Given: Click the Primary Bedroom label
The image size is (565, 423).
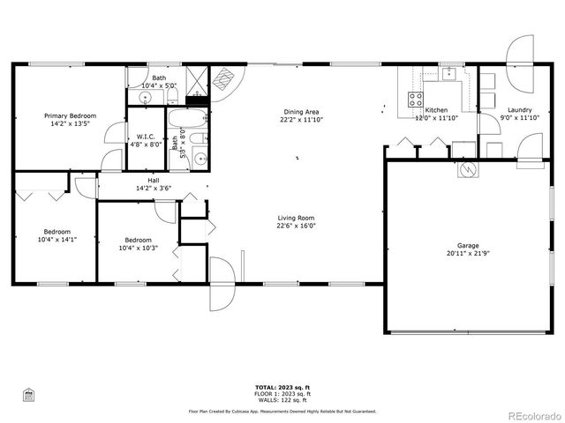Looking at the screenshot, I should [71, 115].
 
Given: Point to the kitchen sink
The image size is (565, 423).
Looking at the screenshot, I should [448, 72].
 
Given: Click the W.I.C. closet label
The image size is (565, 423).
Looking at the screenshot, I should [146, 137].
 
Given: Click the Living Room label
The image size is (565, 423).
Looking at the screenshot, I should [297, 219].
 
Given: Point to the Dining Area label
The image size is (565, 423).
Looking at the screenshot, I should [301, 112].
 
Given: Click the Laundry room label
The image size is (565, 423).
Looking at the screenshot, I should [519, 110].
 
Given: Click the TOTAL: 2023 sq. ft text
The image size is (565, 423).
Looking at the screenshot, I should [282, 387].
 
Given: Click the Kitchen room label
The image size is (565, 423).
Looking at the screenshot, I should [436, 110].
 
